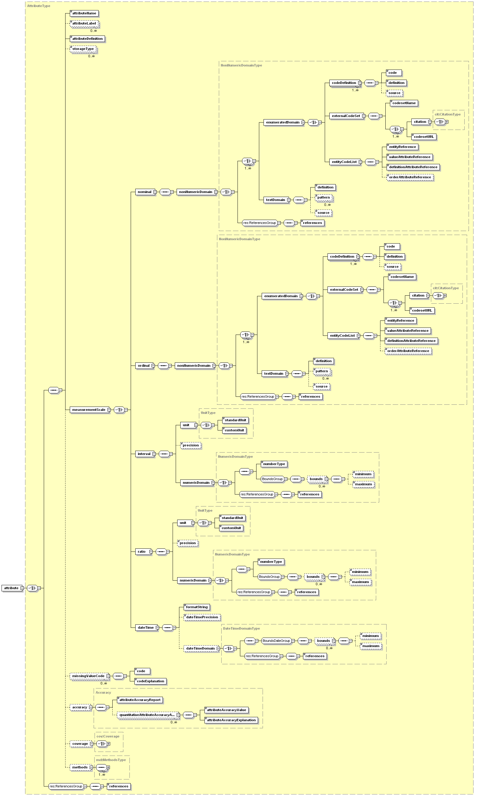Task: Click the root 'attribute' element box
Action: click(12, 588)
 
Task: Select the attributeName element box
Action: click(84, 13)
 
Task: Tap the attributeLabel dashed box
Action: click(84, 24)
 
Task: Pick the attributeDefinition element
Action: click(87, 39)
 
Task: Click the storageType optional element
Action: click(83, 49)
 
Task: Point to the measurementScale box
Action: click(89, 410)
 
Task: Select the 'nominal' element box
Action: click(144, 192)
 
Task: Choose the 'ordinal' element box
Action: click(144, 366)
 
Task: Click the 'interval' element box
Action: click(144, 454)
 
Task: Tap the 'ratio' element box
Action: click(142, 552)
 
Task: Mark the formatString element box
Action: click(196, 607)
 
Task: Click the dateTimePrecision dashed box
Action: click(202, 617)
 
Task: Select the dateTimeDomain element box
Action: click(200, 648)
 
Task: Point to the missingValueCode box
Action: click(88, 676)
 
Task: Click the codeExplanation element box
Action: click(150, 681)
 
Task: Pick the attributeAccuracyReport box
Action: click(140, 700)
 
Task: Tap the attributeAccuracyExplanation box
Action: click(231, 720)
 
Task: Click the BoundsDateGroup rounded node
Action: click(276, 641)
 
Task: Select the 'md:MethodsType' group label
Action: click(111, 760)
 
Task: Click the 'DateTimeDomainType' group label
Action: click(241, 628)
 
